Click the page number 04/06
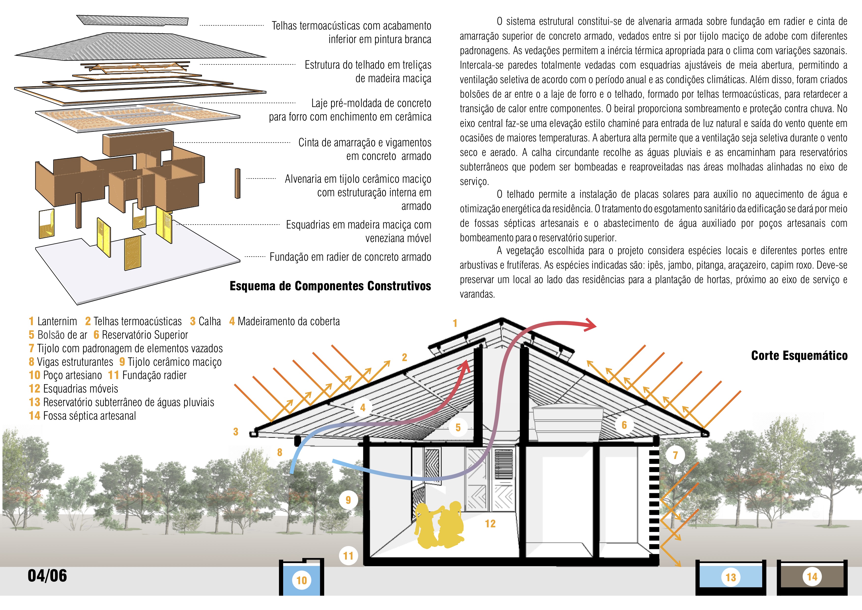coord(47,576)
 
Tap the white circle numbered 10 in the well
coord(302,580)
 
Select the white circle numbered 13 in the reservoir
coord(731,577)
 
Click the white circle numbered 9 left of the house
coord(348,500)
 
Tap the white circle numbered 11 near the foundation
coord(348,556)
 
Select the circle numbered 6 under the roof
coord(624,425)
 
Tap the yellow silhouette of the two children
coord(439,525)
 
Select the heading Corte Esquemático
coord(799,355)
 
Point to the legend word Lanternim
coord(57,321)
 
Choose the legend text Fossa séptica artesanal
coord(90,416)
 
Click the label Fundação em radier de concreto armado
coord(350,257)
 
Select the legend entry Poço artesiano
coord(73,375)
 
